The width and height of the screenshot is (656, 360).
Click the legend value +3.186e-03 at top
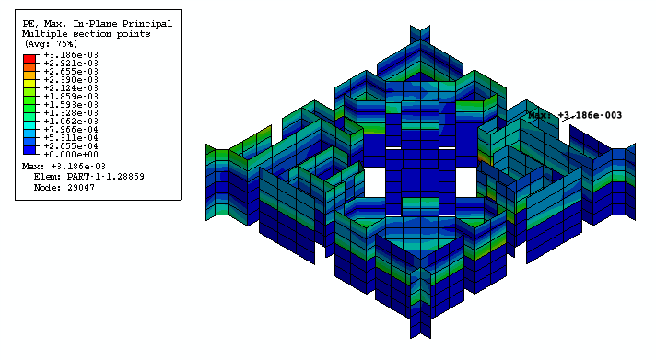[71, 54]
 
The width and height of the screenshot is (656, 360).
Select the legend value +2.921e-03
[71, 64]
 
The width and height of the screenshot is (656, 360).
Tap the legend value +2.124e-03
[71, 88]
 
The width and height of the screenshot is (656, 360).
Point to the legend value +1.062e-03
[71, 122]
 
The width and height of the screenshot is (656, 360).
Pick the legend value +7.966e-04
[71, 130]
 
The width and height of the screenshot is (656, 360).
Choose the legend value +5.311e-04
[71, 138]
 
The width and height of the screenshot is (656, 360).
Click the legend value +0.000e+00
[71, 155]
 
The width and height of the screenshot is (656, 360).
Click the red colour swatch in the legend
[29, 59]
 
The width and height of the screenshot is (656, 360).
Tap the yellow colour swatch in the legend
[29, 84]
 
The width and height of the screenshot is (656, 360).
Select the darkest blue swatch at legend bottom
[29, 150]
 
